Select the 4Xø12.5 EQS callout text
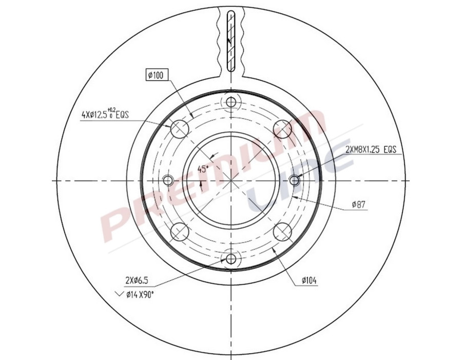104,115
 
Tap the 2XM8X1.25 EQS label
371,149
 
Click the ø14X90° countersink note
141,294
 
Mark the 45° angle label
203,169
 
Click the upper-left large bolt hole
179,129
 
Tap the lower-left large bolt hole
179,232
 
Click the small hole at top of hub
231,102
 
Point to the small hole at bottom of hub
231,258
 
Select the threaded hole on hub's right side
294,181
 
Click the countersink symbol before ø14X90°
120,294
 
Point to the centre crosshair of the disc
231,181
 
